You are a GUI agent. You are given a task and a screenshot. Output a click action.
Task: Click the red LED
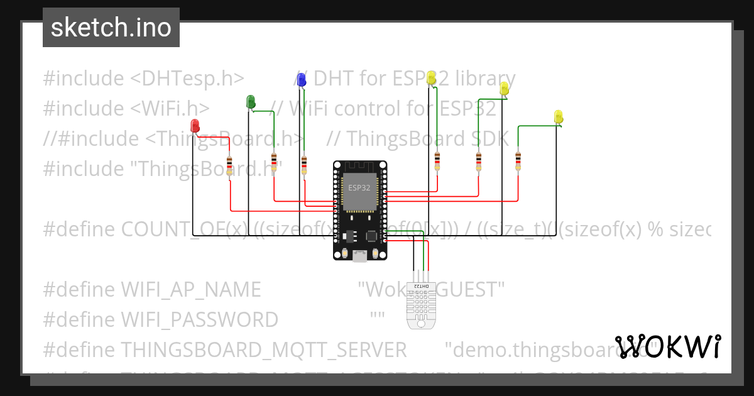tap(195, 125)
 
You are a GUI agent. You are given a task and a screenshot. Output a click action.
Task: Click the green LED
tap(250, 101)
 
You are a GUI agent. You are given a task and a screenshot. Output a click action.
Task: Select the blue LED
tap(301, 79)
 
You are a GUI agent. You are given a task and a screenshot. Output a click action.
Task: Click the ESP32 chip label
tap(359, 187)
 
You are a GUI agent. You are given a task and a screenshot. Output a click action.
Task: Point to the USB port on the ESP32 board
tap(359, 255)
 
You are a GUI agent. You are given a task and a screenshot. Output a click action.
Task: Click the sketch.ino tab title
tap(111, 28)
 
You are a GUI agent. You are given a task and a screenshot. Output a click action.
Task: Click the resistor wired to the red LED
tap(229, 165)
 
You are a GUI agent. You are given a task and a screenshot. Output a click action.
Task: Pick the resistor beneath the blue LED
tap(304, 165)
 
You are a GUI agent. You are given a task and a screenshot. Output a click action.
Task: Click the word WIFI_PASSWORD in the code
tap(199, 320)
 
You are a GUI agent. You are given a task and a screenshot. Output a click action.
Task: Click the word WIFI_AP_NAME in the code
tap(190, 290)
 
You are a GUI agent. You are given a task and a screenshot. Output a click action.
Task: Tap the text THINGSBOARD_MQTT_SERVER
tap(263, 349)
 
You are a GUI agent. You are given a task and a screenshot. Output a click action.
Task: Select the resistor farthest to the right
tap(518, 160)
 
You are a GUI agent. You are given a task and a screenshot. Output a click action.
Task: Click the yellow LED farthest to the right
tap(558, 117)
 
